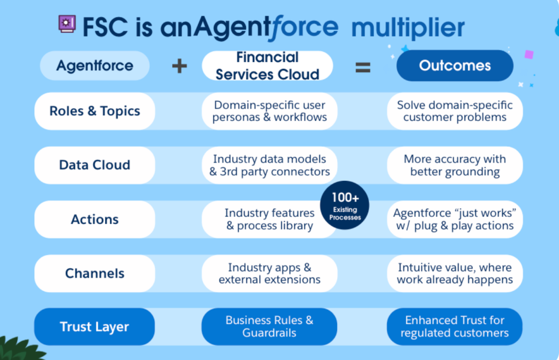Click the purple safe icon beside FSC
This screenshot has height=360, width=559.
67,25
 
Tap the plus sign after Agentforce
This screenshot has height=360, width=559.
179,66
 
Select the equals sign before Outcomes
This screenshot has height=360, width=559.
363,67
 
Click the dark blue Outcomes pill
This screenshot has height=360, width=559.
455,66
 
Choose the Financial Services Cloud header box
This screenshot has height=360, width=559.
267,66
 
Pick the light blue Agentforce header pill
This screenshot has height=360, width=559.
95,66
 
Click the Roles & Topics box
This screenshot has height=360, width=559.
95,111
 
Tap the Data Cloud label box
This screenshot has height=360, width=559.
95,165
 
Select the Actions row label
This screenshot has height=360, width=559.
95,219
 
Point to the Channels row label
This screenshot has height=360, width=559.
95,273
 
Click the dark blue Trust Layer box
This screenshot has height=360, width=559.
95,327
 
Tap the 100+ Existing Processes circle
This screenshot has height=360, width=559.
345,205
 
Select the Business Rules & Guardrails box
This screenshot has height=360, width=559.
269,327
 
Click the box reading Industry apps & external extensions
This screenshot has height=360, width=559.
269,273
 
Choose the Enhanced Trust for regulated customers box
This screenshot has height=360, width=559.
455,327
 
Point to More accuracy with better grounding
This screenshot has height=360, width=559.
455,165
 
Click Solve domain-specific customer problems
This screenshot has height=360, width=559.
455,111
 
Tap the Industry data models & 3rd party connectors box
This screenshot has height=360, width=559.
269,165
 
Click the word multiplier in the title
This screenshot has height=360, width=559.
408,27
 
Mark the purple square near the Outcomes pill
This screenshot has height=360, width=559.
528,55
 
